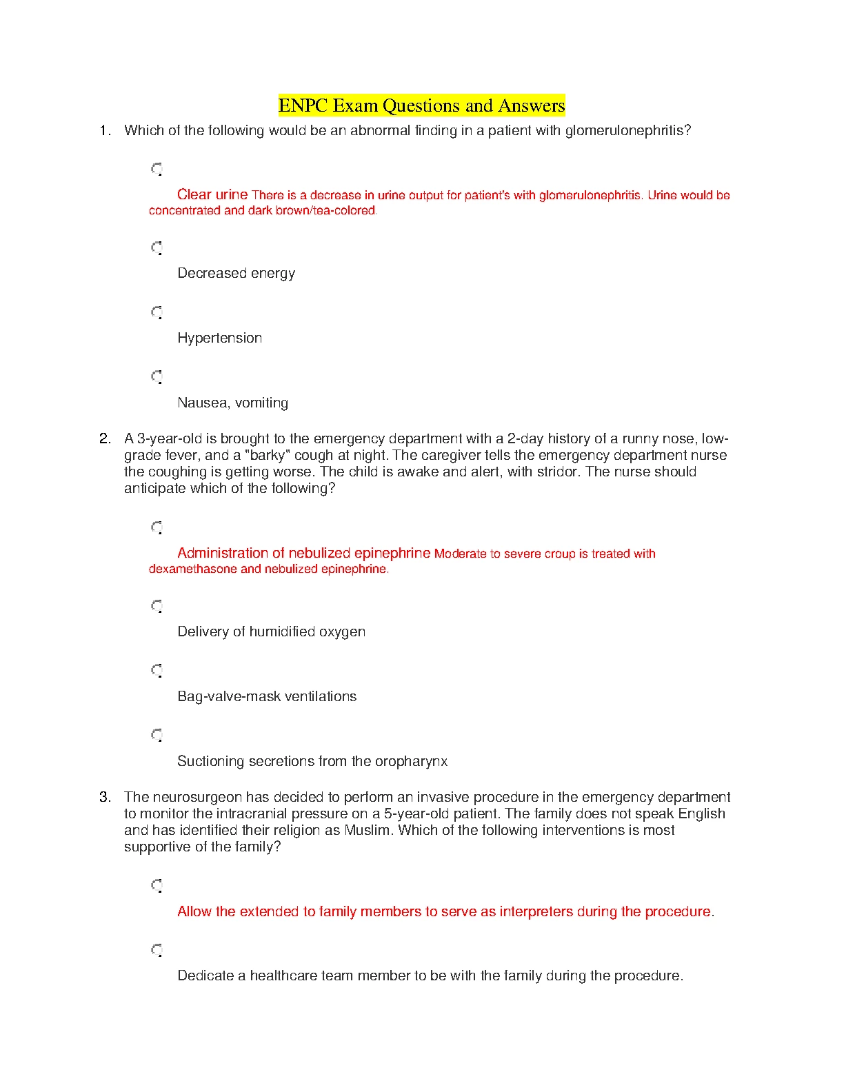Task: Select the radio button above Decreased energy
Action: [x=157, y=247]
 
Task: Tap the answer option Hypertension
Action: [x=219, y=338]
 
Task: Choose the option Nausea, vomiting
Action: [x=232, y=403]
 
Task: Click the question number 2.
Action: [x=104, y=438]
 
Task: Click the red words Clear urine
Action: [x=212, y=194]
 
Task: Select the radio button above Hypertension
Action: [x=157, y=312]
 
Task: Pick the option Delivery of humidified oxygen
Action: [x=271, y=631]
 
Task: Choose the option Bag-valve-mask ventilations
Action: [x=267, y=696]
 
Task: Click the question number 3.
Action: [x=104, y=797]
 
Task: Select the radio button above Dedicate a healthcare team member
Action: [x=157, y=950]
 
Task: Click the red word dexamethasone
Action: [x=193, y=569]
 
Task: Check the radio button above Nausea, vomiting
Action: [x=157, y=377]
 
